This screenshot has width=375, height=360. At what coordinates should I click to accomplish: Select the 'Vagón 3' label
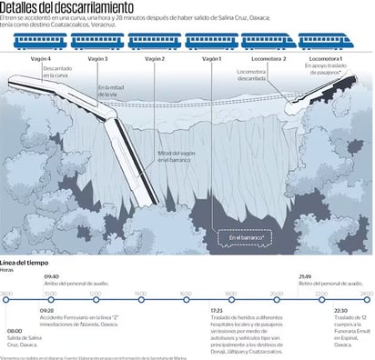pos(97,59)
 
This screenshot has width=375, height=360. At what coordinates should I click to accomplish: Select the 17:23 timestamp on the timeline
pos(216,309)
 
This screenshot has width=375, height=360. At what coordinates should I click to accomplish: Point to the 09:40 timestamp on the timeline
pos(52,276)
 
